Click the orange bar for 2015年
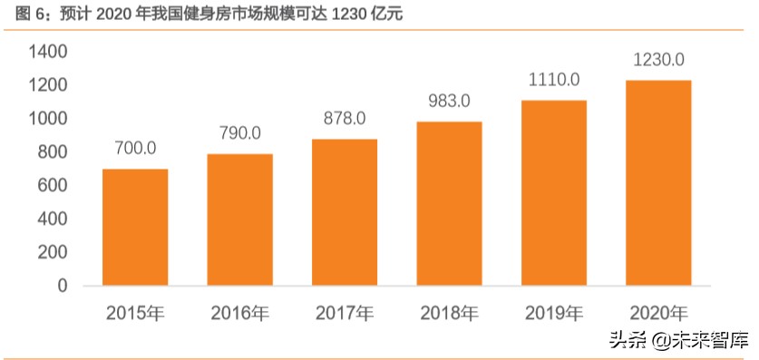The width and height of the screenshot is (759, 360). coord(134,228)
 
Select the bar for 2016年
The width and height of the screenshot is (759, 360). coord(239,220)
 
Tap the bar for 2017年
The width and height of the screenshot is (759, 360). coord(345,212)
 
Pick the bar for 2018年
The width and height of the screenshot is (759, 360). coord(449,204)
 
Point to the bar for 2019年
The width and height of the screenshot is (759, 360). coord(554,193)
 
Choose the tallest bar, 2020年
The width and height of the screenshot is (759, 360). coord(658,183)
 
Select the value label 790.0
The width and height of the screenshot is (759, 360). coord(239,133)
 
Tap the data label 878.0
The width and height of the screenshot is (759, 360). coord(345,118)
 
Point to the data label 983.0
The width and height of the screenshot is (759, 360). coord(449,101)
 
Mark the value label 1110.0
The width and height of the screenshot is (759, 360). coord(554,80)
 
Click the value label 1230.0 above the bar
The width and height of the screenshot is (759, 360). coord(658,60)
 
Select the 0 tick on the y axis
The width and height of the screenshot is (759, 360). coord(63,287)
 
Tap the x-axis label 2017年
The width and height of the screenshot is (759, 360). coord(345,315)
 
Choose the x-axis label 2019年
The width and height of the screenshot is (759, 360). coord(554,315)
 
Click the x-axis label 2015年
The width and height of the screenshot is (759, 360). coord(134,315)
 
